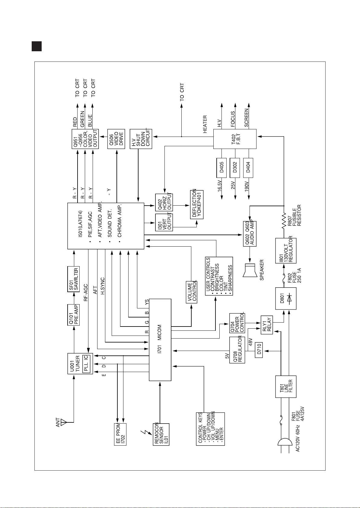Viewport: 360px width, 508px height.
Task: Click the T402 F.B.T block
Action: (x=235, y=139)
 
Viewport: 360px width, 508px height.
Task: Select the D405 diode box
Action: (x=221, y=168)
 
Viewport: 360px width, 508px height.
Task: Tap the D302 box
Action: (x=235, y=168)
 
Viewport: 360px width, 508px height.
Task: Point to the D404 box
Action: (x=248, y=168)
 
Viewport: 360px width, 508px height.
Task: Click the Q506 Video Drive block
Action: (x=116, y=139)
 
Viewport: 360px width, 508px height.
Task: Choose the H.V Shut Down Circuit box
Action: (x=141, y=139)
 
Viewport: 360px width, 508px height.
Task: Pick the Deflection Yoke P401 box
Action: (x=197, y=205)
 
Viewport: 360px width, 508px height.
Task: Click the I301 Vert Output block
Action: (x=164, y=222)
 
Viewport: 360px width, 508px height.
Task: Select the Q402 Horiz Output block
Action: (x=164, y=203)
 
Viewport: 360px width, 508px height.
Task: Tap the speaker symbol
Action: (x=250, y=270)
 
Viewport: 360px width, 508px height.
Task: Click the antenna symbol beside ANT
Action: (x=64, y=422)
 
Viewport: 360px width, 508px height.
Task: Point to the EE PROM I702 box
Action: (x=120, y=434)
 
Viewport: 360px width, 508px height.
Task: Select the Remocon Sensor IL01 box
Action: (x=161, y=434)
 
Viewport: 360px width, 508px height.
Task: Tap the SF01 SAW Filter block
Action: (x=74, y=279)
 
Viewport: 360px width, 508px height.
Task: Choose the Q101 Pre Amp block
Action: (x=74, y=315)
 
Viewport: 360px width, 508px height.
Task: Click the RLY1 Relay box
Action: (x=267, y=325)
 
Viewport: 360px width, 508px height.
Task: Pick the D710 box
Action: (x=259, y=350)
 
